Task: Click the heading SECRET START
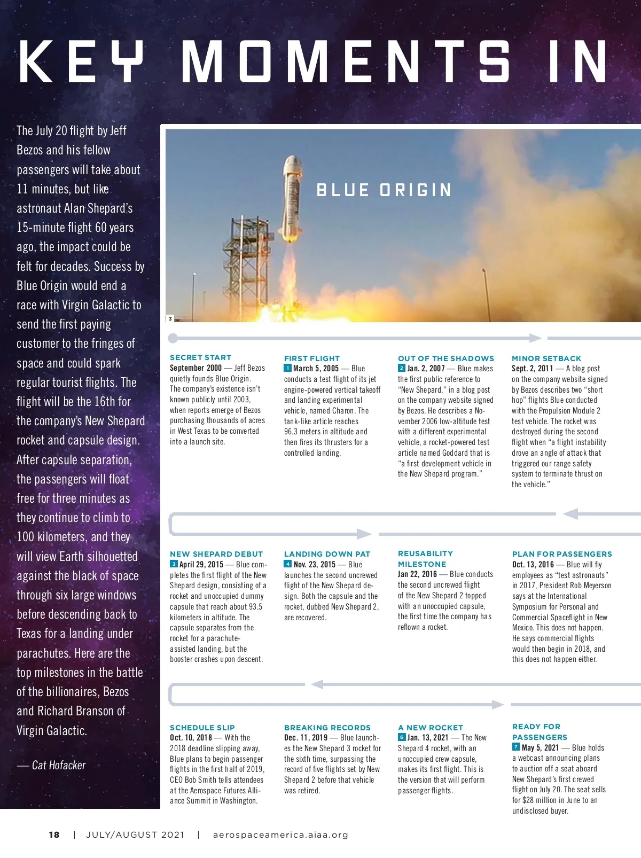coord(200,357)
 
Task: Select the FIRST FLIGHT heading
coord(312,358)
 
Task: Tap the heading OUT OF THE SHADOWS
coord(446,358)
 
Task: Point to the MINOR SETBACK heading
coord(546,358)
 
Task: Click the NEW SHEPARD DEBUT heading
coord(216,554)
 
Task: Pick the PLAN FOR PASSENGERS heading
coord(562,554)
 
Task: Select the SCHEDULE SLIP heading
coord(202,728)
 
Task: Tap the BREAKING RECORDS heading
coord(327,728)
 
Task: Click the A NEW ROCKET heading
coord(431,728)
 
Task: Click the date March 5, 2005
coord(316,369)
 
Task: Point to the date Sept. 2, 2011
coord(533,369)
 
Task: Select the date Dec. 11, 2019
coord(306,738)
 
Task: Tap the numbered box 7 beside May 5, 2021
coord(516,747)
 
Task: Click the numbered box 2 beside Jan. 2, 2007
coord(402,368)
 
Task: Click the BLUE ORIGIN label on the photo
coord(384,190)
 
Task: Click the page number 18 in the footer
coord(54,834)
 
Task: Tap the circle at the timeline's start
coord(173,338)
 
